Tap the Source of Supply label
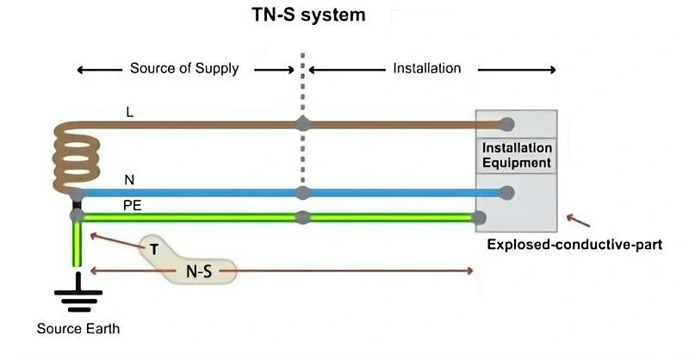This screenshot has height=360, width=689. click(x=184, y=68)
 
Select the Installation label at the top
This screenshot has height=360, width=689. click(x=426, y=68)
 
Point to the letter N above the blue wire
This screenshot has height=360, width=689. click(x=129, y=180)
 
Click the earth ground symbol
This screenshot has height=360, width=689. click(x=78, y=295)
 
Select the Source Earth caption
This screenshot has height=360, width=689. click(x=78, y=329)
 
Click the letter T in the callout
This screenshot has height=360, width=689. click(x=154, y=248)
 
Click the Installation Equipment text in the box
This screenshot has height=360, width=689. click(x=517, y=155)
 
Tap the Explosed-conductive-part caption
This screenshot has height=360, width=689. click(x=574, y=244)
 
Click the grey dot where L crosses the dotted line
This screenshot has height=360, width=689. click(x=302, y=124)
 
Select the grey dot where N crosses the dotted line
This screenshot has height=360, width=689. click(x=302, y=192)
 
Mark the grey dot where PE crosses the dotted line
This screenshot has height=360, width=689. click(x=302, y=216)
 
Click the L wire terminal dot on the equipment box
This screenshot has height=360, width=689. click(x=507, y=124)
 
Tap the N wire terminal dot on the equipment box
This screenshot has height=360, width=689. click(x=507, y=192)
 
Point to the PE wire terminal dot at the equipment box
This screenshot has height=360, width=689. click(x=480, y=217)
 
